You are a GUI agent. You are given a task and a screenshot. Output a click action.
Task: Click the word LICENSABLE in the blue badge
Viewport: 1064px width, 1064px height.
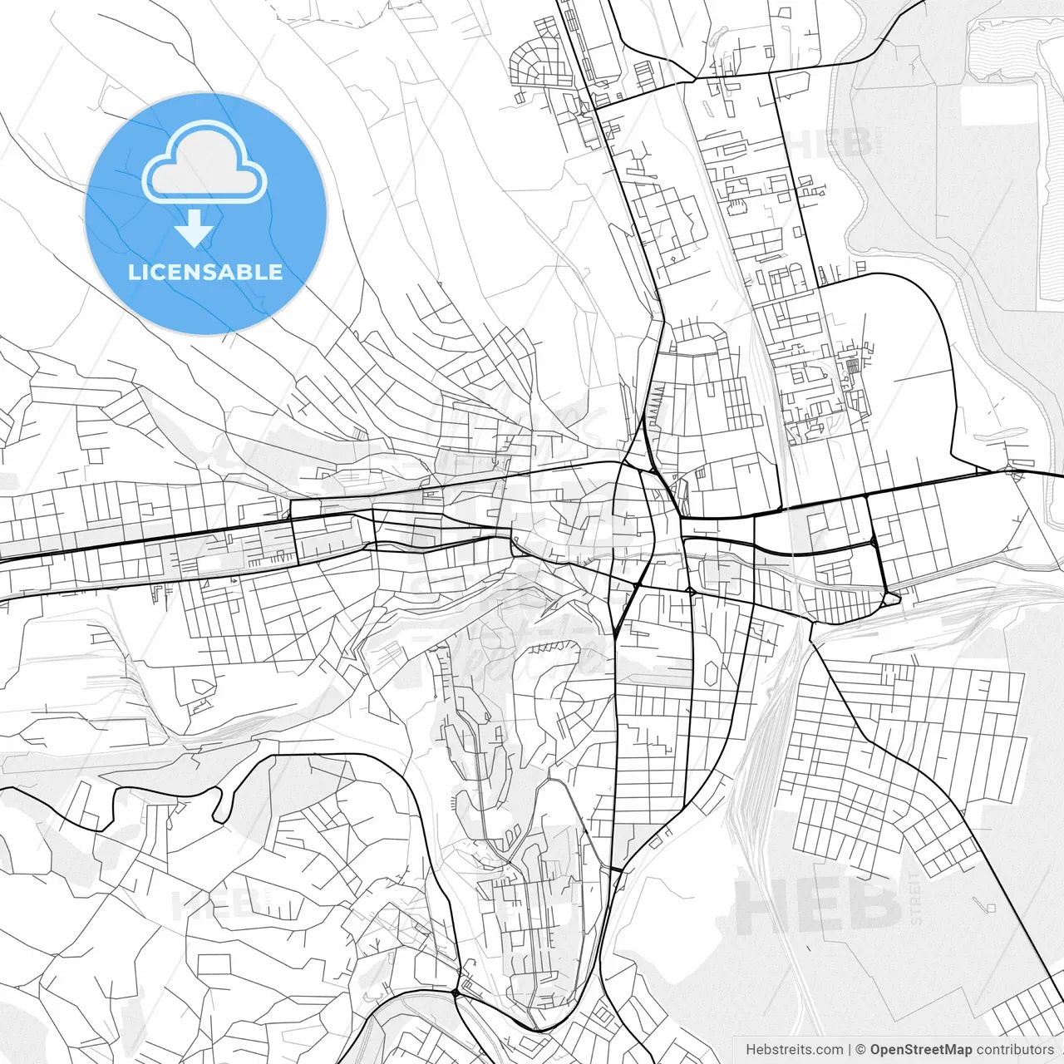point(205,272)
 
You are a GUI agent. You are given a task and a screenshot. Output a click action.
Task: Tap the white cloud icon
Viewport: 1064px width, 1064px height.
point(204,163)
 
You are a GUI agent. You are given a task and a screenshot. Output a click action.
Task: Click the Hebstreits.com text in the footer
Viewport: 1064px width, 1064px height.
point(794,1050)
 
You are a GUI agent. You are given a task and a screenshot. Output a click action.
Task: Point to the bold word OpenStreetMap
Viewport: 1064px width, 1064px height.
point(921,1050)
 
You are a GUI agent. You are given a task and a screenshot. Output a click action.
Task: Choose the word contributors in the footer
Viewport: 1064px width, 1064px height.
point(1015,1050)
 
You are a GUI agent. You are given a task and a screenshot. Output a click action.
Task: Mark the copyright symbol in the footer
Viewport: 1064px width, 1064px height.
point(860,1050)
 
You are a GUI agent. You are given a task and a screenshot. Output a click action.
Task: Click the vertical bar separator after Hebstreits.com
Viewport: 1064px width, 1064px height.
point(849,1050)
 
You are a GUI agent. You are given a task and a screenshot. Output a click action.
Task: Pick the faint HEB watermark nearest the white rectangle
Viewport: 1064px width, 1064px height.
point(831,143)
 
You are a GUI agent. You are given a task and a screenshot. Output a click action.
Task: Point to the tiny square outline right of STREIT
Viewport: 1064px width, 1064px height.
point(990,907)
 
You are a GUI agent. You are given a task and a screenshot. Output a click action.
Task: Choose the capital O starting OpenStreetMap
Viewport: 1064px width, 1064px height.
point(876,1050)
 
